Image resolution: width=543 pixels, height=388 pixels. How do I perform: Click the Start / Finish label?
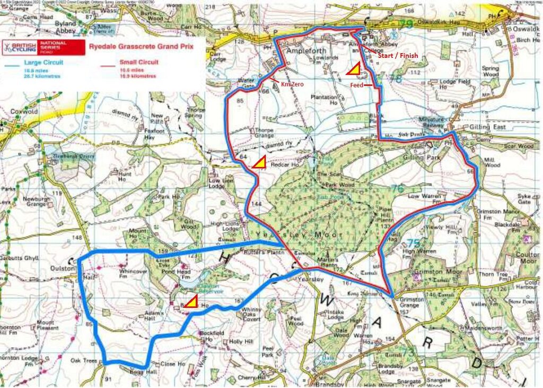[397, 55]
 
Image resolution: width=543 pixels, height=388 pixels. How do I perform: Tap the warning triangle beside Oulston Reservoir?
[190, 302]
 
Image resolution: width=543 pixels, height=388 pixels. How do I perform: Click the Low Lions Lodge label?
[221, 183]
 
